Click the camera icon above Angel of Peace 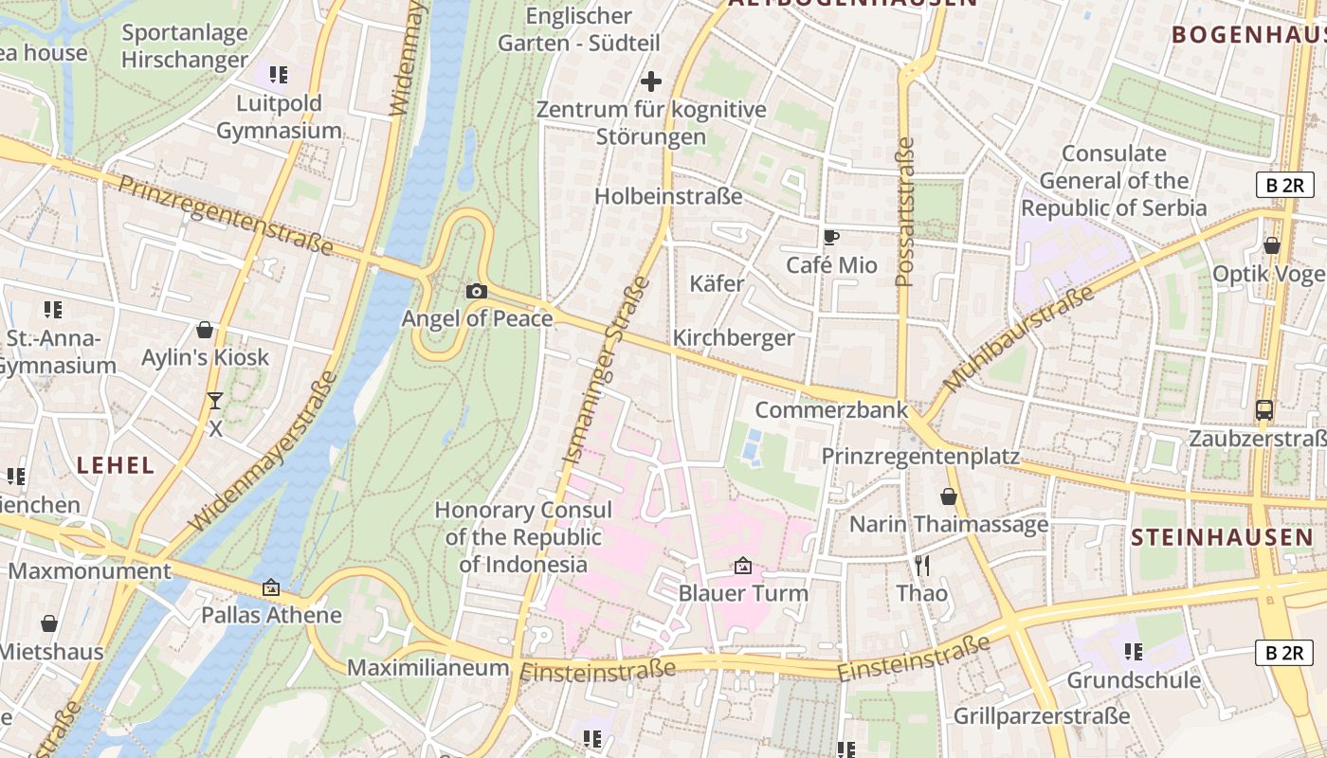(x=477, y=291)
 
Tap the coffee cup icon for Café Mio (x=831, y=238)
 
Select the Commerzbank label (x=830, y=410)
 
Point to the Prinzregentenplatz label (x=919, y=457)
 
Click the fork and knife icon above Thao (x=922, y=566)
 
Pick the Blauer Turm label (x=743, y=594)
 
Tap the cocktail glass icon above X (x=215, y=401)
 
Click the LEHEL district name (x=116, y=465)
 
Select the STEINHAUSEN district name (x=1222, y=538)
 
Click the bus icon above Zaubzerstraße (x=1263, y=410)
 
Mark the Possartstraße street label (x=905, y=212)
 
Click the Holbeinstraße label (x=668, y=196)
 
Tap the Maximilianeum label (x=427, y=668)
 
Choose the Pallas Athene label (x=271, y=615)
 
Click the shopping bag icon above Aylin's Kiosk (x=205, y=330)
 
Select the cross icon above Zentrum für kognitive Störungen (x=651, y=81)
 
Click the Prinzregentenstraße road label (x=225, y=214)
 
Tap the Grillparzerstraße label (x=1042, y=715)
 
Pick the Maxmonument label (x=89, y=571)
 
